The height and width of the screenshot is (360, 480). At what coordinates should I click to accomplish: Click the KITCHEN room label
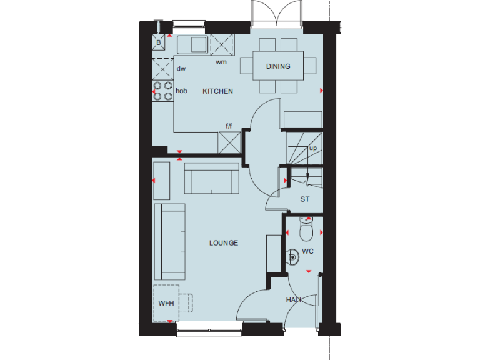(217, 91)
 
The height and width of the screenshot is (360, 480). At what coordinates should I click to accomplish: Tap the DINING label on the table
(278, 66)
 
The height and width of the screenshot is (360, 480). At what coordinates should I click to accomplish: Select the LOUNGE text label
(224, 243)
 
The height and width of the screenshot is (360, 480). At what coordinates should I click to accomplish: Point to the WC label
(307, 252)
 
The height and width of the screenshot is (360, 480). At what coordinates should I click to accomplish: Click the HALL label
(294, 301)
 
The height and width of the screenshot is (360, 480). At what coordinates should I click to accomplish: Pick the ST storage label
(305, 200)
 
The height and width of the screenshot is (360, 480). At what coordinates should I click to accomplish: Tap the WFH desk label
(166, 303)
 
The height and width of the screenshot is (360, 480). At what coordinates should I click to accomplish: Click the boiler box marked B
(159, 43)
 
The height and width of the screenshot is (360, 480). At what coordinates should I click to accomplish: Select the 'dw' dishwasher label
(181, 69)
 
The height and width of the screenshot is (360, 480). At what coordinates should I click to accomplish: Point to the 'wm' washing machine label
(221, 62)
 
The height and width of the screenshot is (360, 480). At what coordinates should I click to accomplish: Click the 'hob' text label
(181, 91)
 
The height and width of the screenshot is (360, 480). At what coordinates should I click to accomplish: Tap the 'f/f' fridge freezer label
(229, 127)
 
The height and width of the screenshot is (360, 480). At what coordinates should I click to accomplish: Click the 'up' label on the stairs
(312, 148)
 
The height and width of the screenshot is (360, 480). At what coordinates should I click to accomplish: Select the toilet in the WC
(306, 231)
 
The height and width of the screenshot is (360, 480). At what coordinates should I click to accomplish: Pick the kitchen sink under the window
(192, 44)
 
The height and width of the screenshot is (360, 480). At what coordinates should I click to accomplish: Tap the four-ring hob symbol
(163, 91)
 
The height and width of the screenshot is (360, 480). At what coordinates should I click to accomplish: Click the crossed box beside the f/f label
(229, 142)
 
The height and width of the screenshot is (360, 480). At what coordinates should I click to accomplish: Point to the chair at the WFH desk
(186, 303)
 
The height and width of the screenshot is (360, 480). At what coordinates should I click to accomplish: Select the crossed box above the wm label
(221, 45)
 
